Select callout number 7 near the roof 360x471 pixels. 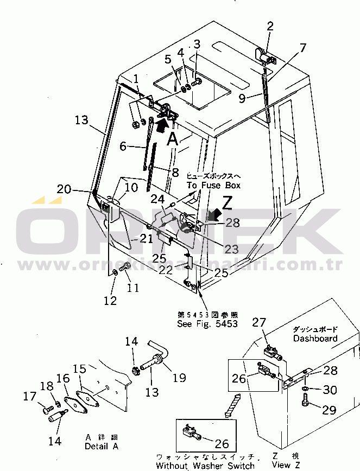click(302, 47)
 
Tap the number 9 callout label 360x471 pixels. click(243, 98)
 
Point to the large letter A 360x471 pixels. click(173, 139)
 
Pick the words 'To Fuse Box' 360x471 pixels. click(213, 186)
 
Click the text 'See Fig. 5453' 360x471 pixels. click(207, 324)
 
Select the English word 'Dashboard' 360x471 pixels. click(315, 339)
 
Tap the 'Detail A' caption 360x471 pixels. click(101, 447)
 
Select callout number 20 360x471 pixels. click(64, 189)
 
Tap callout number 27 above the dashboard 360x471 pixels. click(258, 322)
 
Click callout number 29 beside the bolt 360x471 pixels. click(329, 410)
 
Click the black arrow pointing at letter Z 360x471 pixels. click(215, 216)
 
